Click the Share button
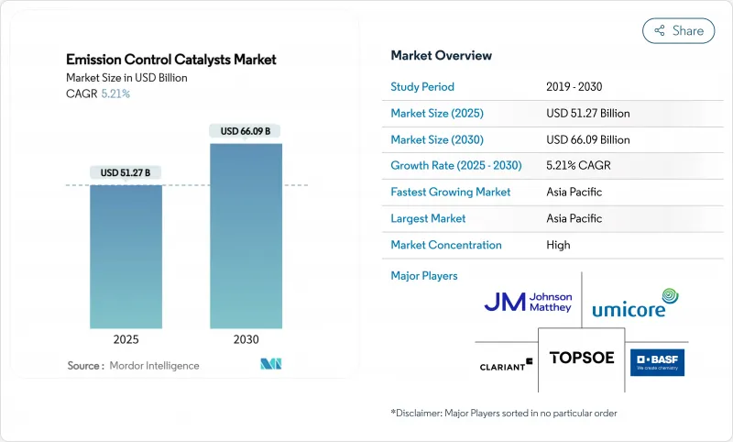678,30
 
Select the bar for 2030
246,238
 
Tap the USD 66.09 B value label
246,131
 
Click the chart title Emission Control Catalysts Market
171,60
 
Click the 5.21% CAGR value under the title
115,94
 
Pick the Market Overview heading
441,55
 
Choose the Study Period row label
422,87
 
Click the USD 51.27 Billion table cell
587,114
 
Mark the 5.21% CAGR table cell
577,166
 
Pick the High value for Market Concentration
558,245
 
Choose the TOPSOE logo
582,359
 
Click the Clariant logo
506,365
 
